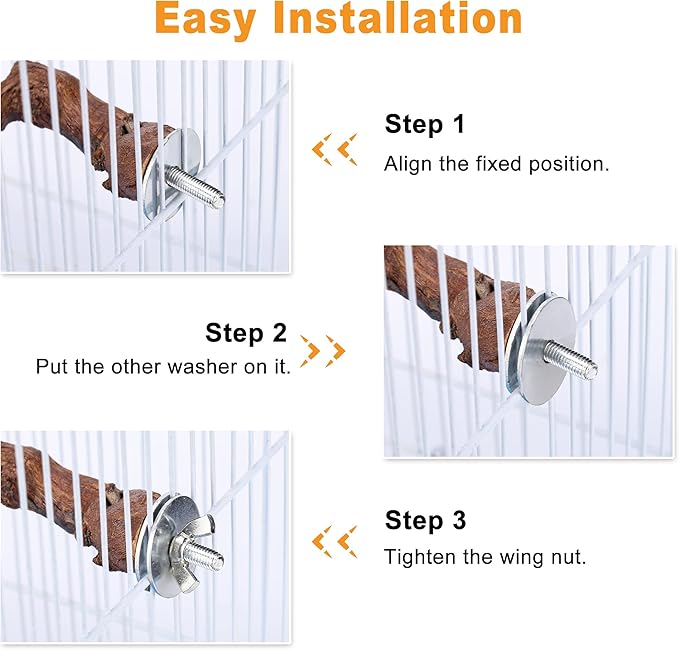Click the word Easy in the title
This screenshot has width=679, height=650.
click(x=205, y=20)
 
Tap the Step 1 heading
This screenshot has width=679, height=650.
click(x=425, y=124)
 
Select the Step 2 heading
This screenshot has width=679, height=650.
click(x=246, y=333)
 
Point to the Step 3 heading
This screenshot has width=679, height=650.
click(x=425, y=520)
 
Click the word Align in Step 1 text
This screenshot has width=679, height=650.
click(x=408, y=165)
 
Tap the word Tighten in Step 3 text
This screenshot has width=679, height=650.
click(x=420, y=557)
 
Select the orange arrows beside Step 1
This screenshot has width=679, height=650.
click(x=335, y=150)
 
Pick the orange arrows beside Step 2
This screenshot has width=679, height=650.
click(x=323, y=351)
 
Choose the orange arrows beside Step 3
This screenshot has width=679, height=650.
click(x=335, y=542)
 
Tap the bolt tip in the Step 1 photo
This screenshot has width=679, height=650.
click(x=220, y=201)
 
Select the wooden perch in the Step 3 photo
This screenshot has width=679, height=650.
click(x=78, y=507)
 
